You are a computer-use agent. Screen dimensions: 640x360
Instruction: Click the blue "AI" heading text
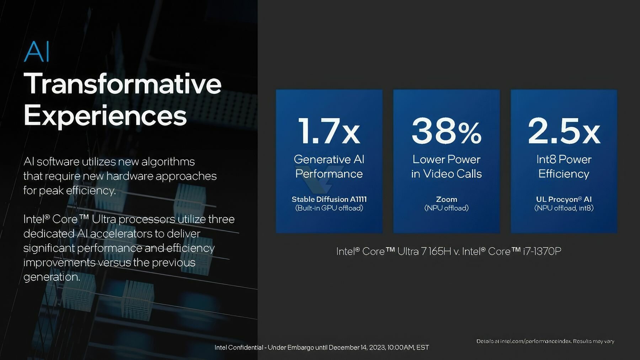click(x=37, y=52)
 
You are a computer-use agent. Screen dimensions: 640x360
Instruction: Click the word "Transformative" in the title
click(x=123, y=84)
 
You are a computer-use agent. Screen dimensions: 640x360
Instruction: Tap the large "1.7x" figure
click(x=329, y=131)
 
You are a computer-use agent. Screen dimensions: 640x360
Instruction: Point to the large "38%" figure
click(x=447, y=131)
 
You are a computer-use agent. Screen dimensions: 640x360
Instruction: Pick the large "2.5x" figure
click(x=564, y=131)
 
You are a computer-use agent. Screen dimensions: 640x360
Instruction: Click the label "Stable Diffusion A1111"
click(x=329, y=199)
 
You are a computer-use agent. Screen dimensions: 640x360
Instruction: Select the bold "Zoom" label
click(x=447, y=199)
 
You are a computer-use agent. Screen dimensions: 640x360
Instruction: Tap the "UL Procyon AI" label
click(x=564, y=199)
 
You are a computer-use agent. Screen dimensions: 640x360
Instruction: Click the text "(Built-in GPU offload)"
click(x=329, y=208)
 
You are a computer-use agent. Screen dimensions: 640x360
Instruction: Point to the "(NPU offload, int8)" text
click(x=564, y=208)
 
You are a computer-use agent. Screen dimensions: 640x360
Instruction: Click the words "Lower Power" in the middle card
click(x=447, y=159)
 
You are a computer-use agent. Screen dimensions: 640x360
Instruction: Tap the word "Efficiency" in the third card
click(x=564, y=174)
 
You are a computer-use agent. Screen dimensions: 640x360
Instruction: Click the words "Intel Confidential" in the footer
click(x=239, y=348)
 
